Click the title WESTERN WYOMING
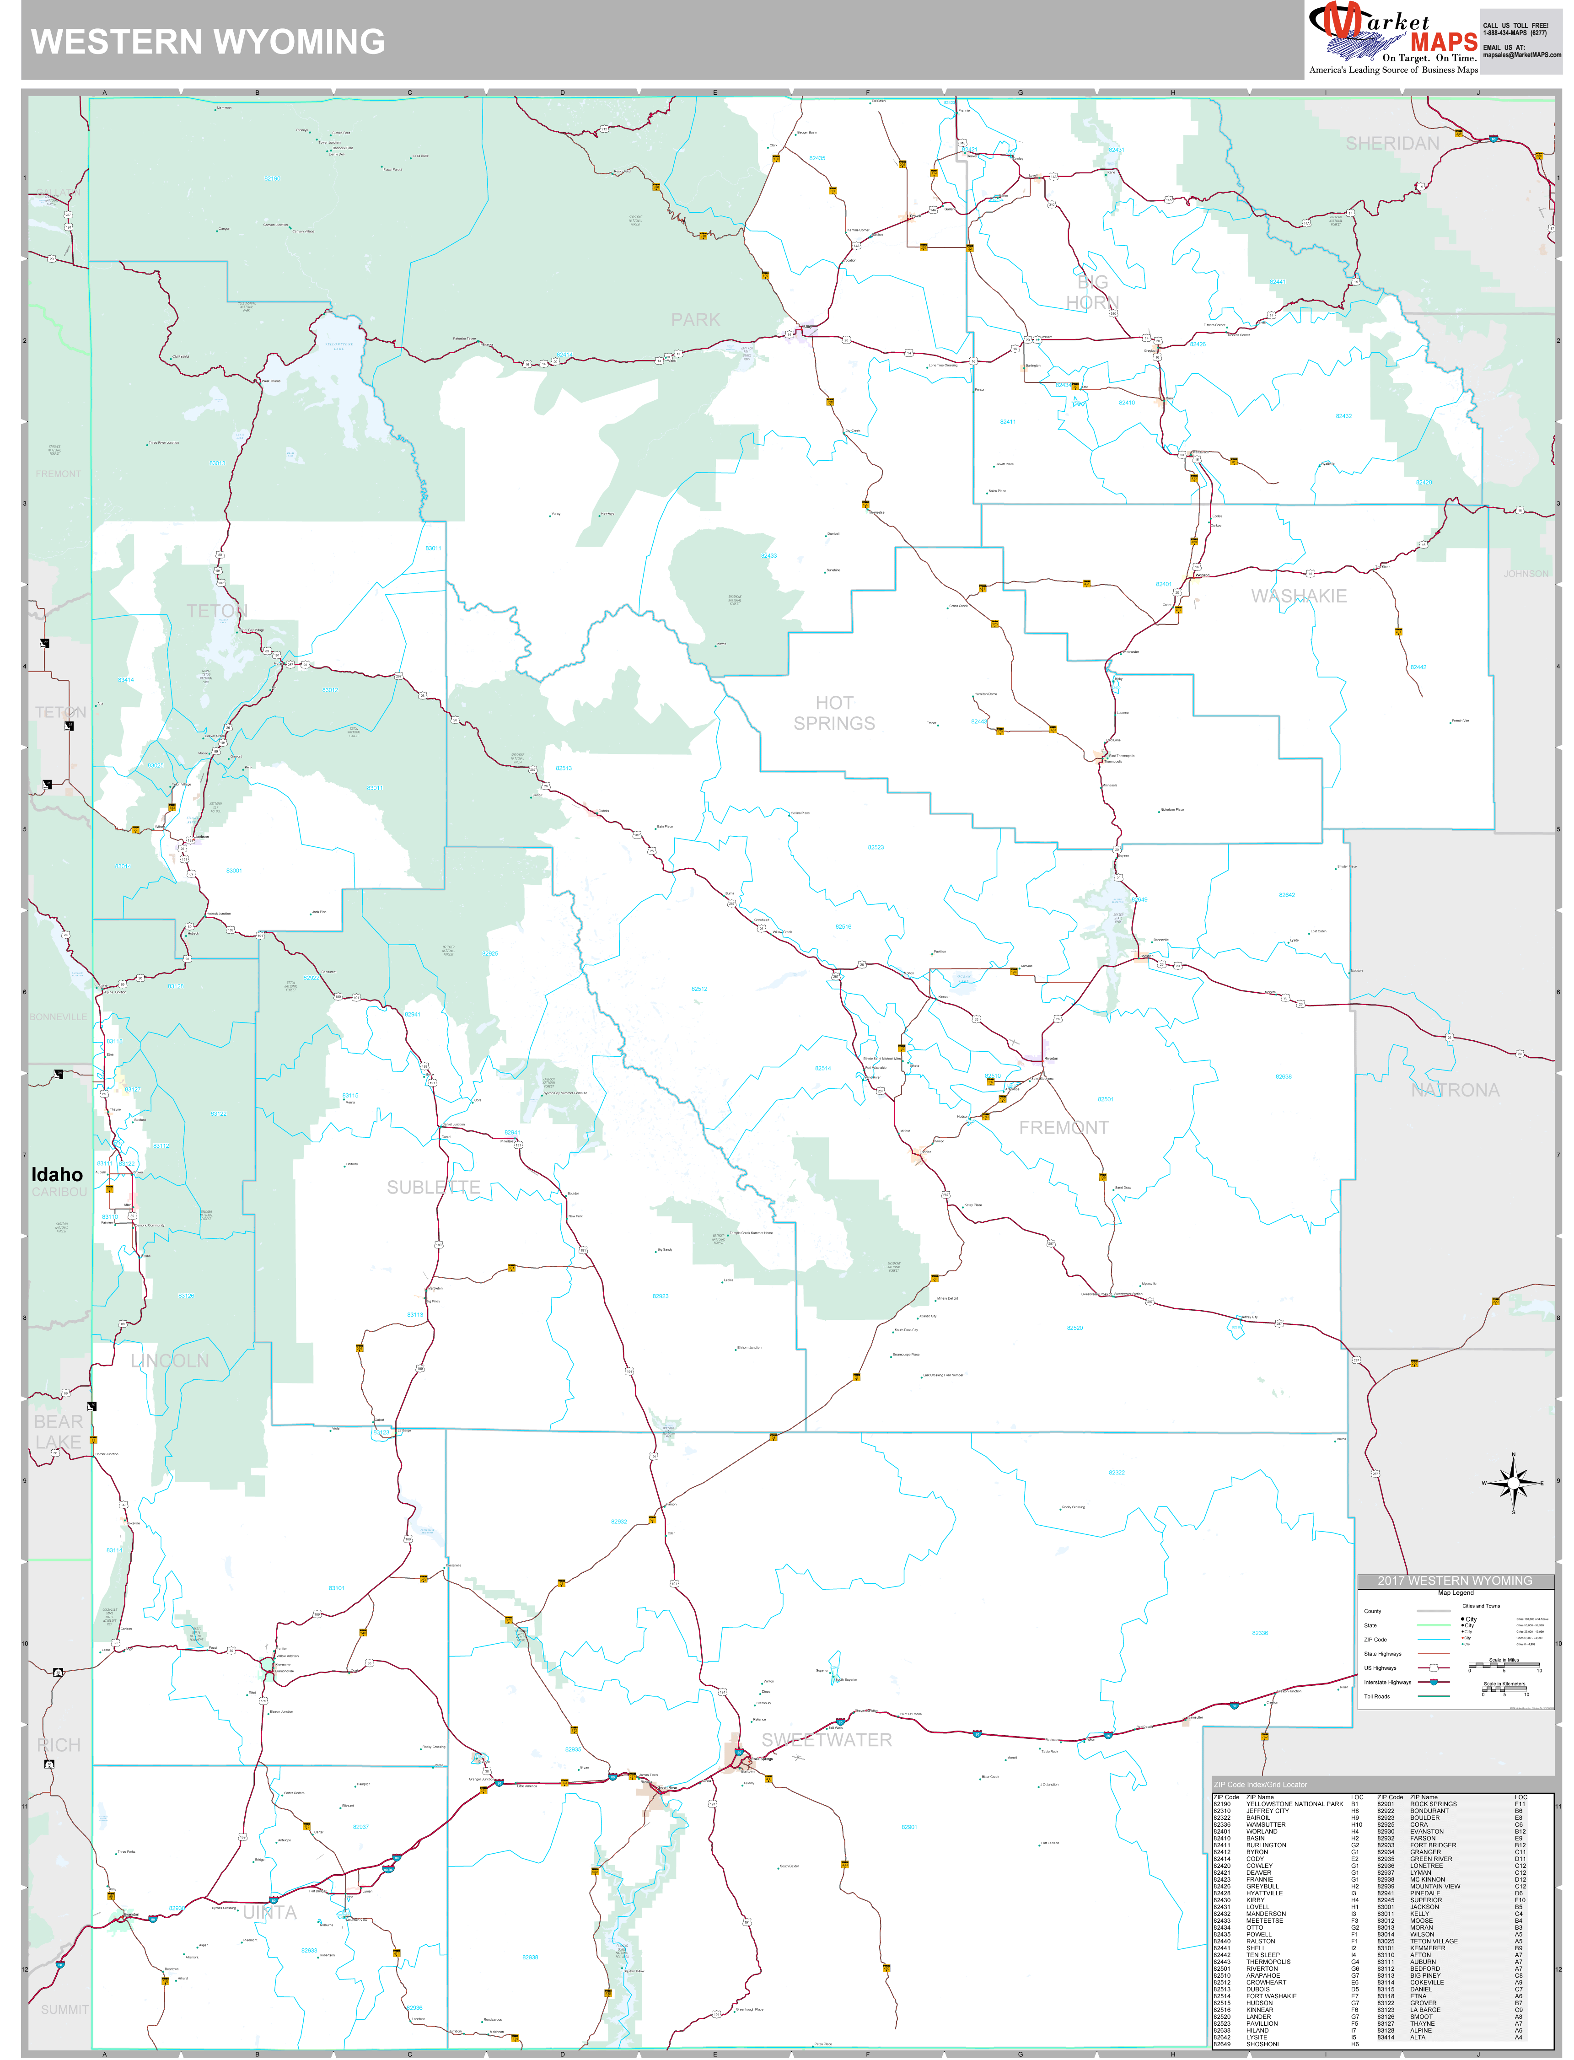tap(208, 42)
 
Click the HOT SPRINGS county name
tap(834, 713)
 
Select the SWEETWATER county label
tap(827, 1740)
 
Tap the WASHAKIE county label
tap(1299, 596)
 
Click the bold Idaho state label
tap(57, 1175)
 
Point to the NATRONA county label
tap(1455, 1090)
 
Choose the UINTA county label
tap(270, 1912)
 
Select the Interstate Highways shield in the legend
tap(1434, 1683)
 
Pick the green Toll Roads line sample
tap(1434, 1696)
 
